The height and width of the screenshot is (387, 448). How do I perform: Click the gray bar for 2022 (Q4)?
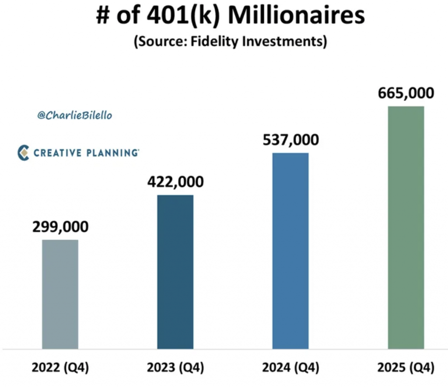[x=60, y=294]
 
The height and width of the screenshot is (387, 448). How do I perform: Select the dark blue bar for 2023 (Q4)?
[x=175, y=272]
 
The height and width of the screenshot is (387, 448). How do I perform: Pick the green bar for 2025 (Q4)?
[x=406, y=227]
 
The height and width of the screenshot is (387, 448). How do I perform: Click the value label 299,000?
[x=60, y=227]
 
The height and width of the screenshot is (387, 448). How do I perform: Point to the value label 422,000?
[x=175, y=182]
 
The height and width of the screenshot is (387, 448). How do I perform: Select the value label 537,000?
[x=290, y=140]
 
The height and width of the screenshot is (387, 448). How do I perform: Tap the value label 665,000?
[x=406, y=93]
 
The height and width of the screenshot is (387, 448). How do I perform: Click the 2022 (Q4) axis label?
[x=60, y=368]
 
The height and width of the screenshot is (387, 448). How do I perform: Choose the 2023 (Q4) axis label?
[x=175, y=368]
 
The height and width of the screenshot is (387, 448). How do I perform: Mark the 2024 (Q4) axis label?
[x=290, y=368]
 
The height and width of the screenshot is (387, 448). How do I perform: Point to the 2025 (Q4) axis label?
[x=406, y=368]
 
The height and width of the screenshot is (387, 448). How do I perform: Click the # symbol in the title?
[x=104, y=17]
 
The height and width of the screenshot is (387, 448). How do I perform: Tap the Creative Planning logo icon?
[x=23, y=153]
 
